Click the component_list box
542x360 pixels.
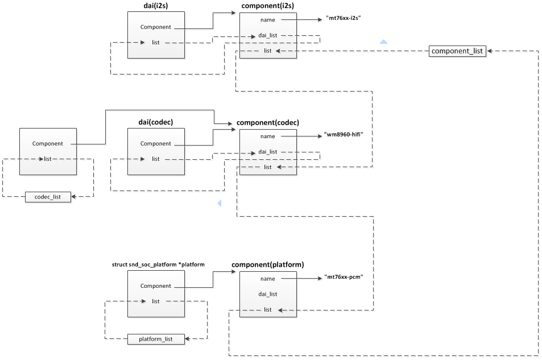[457, 51]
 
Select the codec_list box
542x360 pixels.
[48, 197]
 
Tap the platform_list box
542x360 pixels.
[156, 339]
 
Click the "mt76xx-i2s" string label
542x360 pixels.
[344, 18]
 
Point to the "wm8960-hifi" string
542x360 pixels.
[344, 135]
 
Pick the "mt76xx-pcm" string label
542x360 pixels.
[344, 277]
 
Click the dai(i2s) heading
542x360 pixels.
[155, 6]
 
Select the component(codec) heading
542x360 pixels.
[267, 122]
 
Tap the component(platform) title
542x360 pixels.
[267, 265]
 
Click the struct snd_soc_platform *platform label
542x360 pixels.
[158, 265]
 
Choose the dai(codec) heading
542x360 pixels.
[155, 122]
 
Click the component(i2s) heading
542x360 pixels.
[267, 6]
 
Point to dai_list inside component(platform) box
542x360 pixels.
[267, 294]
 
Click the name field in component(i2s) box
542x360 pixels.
[267, 20]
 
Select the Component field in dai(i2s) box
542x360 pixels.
[155, 27]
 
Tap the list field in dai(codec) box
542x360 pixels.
[155, 159]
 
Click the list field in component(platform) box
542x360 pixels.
[267, 310]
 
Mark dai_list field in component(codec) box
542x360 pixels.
[267, 152]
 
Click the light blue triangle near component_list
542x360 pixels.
[383, 42]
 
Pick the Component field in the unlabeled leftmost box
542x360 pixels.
[48, 144]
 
